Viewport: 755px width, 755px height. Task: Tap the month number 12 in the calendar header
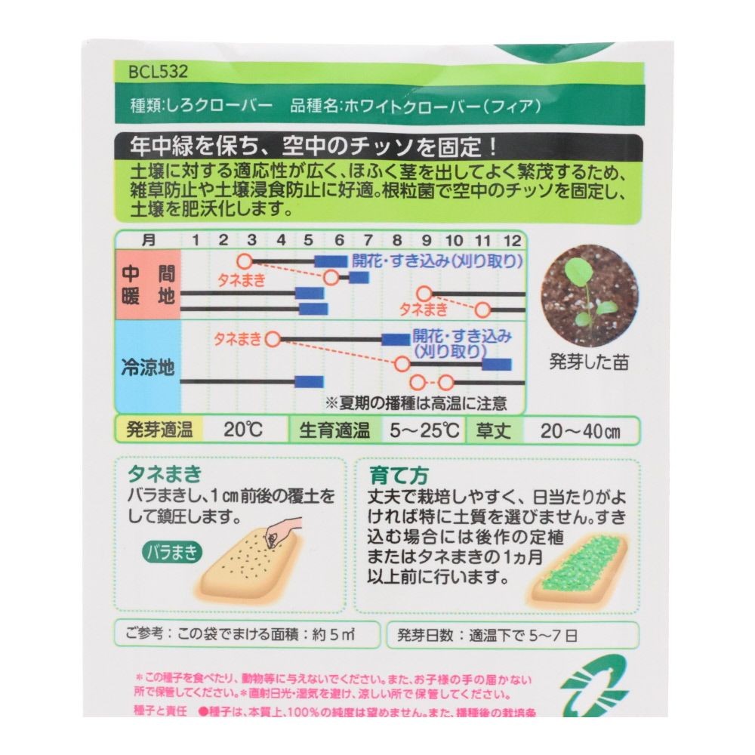(512, 241)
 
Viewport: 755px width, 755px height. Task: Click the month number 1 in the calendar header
(195, 241)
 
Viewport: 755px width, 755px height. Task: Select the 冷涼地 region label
(148, 368)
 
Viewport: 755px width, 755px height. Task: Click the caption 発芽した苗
(590, 361)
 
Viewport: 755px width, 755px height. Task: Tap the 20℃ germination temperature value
(243, 430)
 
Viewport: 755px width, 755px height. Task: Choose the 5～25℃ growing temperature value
(425, 430)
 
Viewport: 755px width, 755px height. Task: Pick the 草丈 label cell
(494, 430)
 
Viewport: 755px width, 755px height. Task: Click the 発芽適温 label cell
(159, 430)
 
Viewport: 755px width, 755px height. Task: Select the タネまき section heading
(165, 475)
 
